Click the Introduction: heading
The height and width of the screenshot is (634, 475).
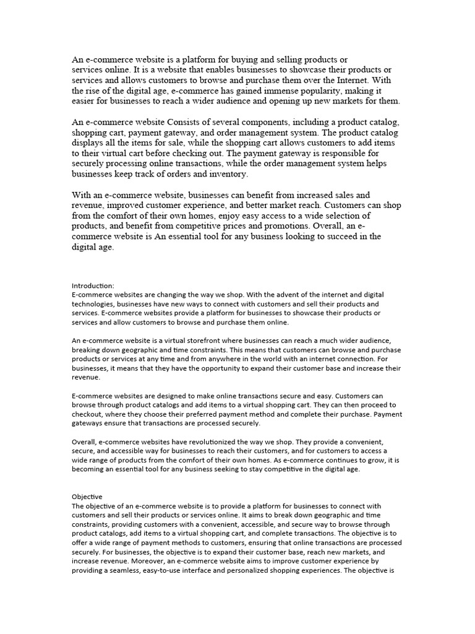coord(93,285)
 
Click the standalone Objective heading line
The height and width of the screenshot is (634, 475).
coord(87,497)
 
